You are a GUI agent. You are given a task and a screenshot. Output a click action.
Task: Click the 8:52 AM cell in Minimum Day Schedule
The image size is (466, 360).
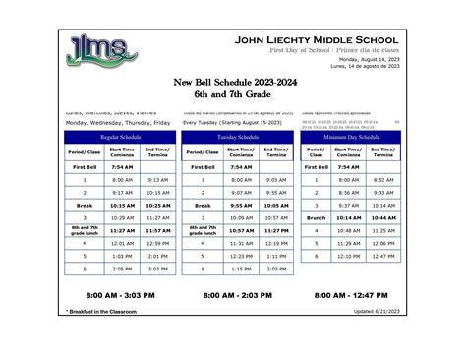(x=385, y=180)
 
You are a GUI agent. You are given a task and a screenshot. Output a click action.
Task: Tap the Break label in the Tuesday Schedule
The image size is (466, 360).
(x=203, y=205)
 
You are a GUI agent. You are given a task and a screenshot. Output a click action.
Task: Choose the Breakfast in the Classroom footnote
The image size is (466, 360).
(x=101, y=311)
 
